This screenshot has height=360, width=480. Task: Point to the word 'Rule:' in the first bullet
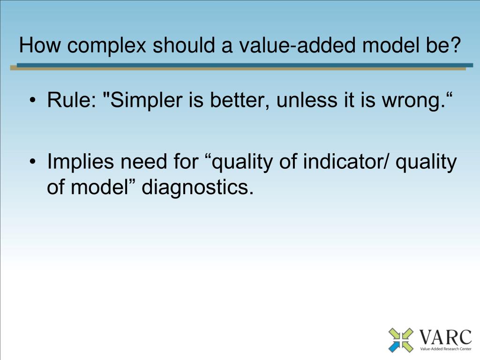click(72, 100)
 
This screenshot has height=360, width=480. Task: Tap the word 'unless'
click(307, 100)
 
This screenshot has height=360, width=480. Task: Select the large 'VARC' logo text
click(445, 337)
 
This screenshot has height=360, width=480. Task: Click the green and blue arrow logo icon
click(401, 340)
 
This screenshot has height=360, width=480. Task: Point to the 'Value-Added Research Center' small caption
click(446, 349)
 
